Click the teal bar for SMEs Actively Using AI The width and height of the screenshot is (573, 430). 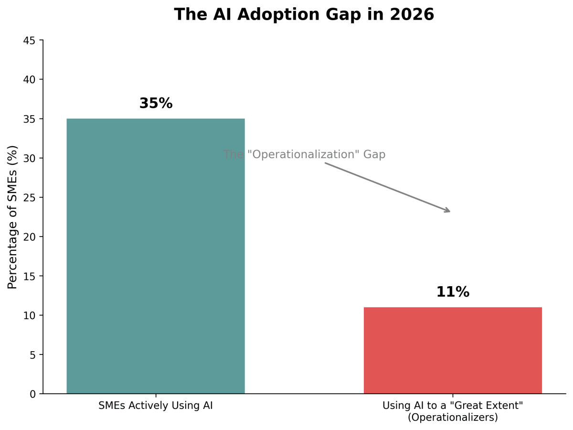[x=155, y=256]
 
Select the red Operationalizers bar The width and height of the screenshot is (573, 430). [x=453, y=350]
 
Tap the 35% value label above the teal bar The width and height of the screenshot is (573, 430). [x=156, y=104]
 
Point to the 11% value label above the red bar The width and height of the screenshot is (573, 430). [x=453, y=292]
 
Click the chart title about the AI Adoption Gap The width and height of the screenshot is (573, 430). [x=304, y=15]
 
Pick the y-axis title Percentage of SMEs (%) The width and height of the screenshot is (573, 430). [x=13, y=217]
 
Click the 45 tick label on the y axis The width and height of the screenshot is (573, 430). [x=29, y=41]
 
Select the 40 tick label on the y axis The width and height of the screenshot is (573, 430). [x=29, y=80]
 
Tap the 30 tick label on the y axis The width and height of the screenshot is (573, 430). [x=29, y=159]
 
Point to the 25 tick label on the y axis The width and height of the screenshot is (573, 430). [x=29, y=198]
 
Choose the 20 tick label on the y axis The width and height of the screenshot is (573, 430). [x=29, y=237]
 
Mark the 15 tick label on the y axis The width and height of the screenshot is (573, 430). [x=29, y=276]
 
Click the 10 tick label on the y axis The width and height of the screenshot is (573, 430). [x=29, y=316]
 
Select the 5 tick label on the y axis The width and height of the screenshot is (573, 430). [x=32, y=355]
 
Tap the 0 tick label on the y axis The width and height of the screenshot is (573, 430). [x=32, y=394]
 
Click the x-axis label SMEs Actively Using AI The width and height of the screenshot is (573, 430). [x=156, y=406]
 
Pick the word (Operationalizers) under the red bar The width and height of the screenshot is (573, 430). [x=453, y=418]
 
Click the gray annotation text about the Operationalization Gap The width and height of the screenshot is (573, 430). [x=304, y=155]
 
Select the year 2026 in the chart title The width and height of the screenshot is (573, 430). [x=412, y=15]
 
